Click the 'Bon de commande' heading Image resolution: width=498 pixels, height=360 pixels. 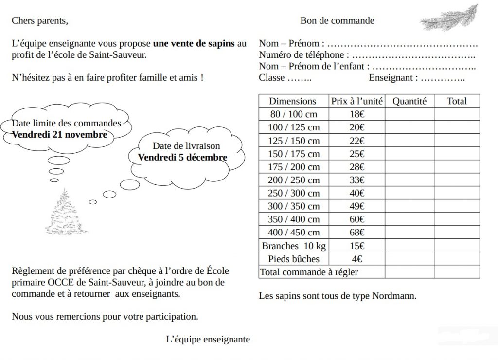coord(337,20)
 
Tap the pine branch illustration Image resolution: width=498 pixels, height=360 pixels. coord(448,18)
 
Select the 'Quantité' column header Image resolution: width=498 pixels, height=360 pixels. coord(409,101)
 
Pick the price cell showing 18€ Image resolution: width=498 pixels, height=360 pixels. coord(357,114)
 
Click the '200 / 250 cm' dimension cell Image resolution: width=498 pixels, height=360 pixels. coord(294,180)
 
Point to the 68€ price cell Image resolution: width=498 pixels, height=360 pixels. coord(357,233)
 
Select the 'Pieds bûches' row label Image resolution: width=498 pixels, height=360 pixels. coord(294,259)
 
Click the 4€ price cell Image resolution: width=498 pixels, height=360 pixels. coord(357,259)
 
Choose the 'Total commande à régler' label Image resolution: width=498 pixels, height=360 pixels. coord(309,272)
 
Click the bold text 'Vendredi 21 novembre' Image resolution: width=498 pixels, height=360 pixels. coord(59,135)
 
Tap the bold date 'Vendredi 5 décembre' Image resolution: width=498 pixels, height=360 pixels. coord(182,157)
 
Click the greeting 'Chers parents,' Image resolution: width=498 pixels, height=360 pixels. coord(40,20)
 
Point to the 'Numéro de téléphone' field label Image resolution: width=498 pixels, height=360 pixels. coord(303,55)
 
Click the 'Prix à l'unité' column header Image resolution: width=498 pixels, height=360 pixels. coord(357,101)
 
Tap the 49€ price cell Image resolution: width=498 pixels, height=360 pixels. coord(357,206)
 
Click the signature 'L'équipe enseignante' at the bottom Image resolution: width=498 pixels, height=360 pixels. coord(208,339)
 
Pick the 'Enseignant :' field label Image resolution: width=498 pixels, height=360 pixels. coord(393,77)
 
